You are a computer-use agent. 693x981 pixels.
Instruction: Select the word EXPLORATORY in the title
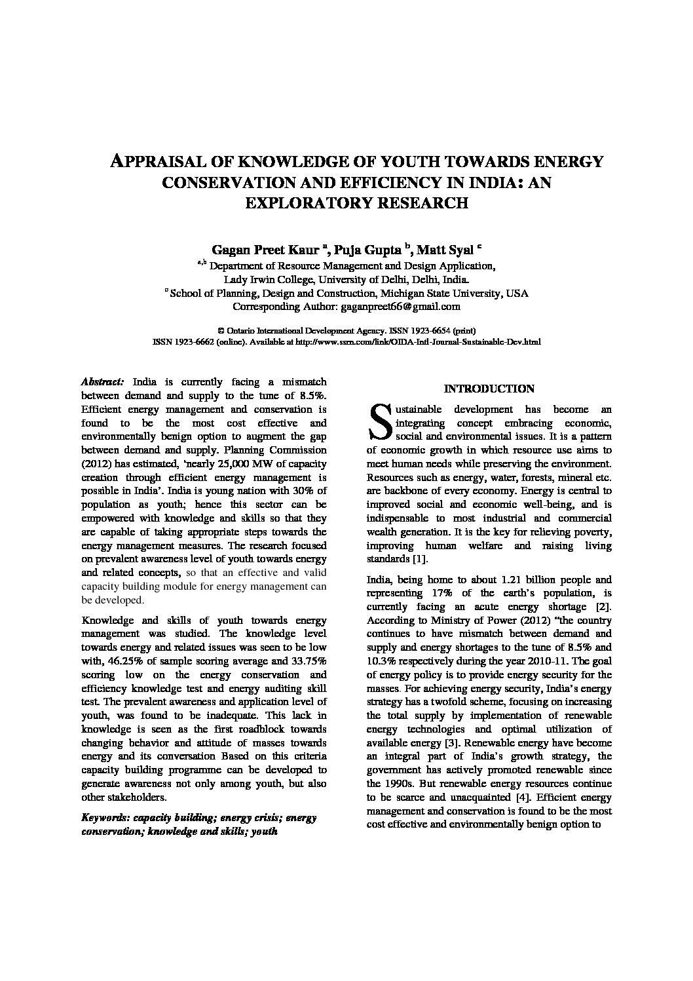(305, 202)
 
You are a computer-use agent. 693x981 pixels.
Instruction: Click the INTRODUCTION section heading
(489, 389)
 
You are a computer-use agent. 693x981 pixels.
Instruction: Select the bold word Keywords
(104, 818)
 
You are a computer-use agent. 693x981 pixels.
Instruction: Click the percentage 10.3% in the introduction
(381, 661)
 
